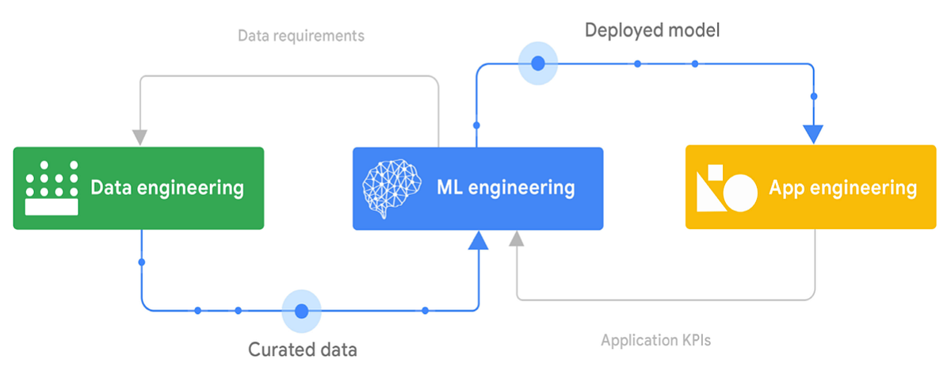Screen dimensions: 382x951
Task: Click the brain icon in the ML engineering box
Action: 389,189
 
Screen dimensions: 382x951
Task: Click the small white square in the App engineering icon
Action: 714,171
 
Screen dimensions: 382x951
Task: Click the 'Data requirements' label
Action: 301,36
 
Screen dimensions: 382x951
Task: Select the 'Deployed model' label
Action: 651,30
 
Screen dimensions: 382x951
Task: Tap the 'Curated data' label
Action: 302,350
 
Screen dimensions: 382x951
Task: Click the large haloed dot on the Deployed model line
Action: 538,63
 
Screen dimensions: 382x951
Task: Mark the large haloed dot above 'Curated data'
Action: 301,311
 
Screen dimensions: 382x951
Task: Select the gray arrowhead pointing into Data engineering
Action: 140,136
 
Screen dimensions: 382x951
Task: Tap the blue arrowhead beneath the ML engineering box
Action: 477,240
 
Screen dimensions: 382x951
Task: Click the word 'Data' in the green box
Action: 111,188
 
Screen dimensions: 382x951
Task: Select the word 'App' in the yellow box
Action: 787,188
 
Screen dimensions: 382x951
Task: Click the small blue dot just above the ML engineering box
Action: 476,125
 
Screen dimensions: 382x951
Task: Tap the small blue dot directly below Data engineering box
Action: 141,262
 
